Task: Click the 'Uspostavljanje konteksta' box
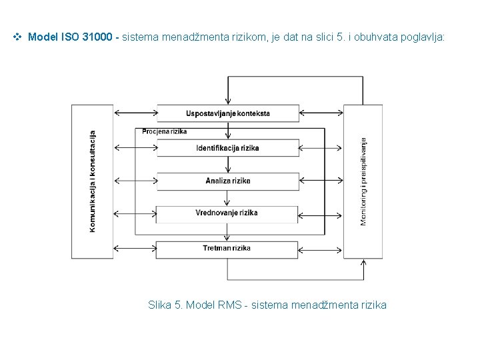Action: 228,113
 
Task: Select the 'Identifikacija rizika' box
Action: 228,147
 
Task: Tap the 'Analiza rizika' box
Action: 228,181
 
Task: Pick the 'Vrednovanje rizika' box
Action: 227,213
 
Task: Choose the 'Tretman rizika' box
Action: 227,249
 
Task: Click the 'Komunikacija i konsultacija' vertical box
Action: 93,181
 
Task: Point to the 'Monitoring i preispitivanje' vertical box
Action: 363,181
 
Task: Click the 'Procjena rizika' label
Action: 164,131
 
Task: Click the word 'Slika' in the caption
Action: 159,305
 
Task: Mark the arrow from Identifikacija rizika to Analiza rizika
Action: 228,165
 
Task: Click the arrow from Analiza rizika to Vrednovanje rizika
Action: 228,198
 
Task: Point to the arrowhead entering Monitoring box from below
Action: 363,263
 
